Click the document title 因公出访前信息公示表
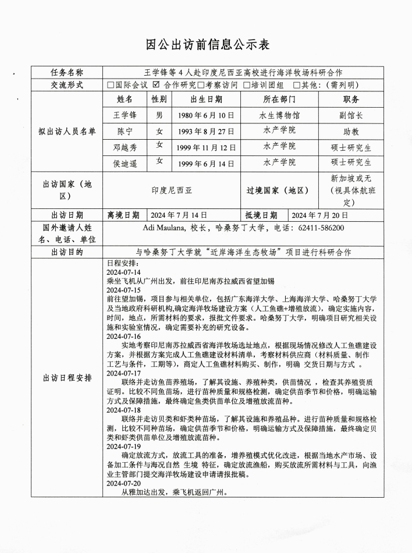[x=205, y=45]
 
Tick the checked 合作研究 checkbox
[x=156, y=84]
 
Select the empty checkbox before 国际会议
[x=111, y=85]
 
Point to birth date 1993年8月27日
[x=206, y=131]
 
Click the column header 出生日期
[x=206, y=100]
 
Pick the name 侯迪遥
[x=125, y=163]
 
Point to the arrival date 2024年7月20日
[x=319, y=215]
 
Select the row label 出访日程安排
[x=68, y=378]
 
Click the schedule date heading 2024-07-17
[x=123, y=373]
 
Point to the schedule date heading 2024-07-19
[x=123, y=446]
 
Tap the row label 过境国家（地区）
[x=278, y=190]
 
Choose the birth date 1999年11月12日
[x=206, y=148]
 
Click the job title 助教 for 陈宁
[x=351, y=132]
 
